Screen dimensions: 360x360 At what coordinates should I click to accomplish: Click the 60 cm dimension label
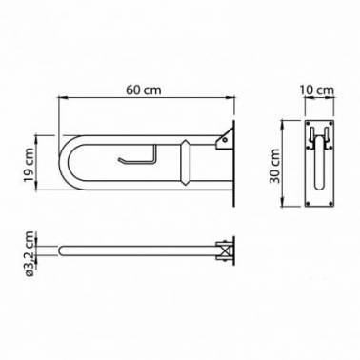point(144,90)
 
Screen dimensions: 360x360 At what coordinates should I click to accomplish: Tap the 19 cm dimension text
point(30,165)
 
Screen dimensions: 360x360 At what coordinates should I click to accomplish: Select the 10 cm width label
point(317,90)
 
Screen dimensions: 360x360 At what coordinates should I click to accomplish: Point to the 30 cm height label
point(275,166)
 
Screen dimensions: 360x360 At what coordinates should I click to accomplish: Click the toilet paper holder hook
point(137,155)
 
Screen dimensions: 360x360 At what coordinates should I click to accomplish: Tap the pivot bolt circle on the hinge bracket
point(225,140)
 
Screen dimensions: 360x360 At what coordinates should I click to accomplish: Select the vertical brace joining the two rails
point(185,163)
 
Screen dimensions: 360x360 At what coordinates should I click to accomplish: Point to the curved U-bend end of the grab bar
point(69,163)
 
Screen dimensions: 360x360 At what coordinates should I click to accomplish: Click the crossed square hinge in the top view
point(226,250)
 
